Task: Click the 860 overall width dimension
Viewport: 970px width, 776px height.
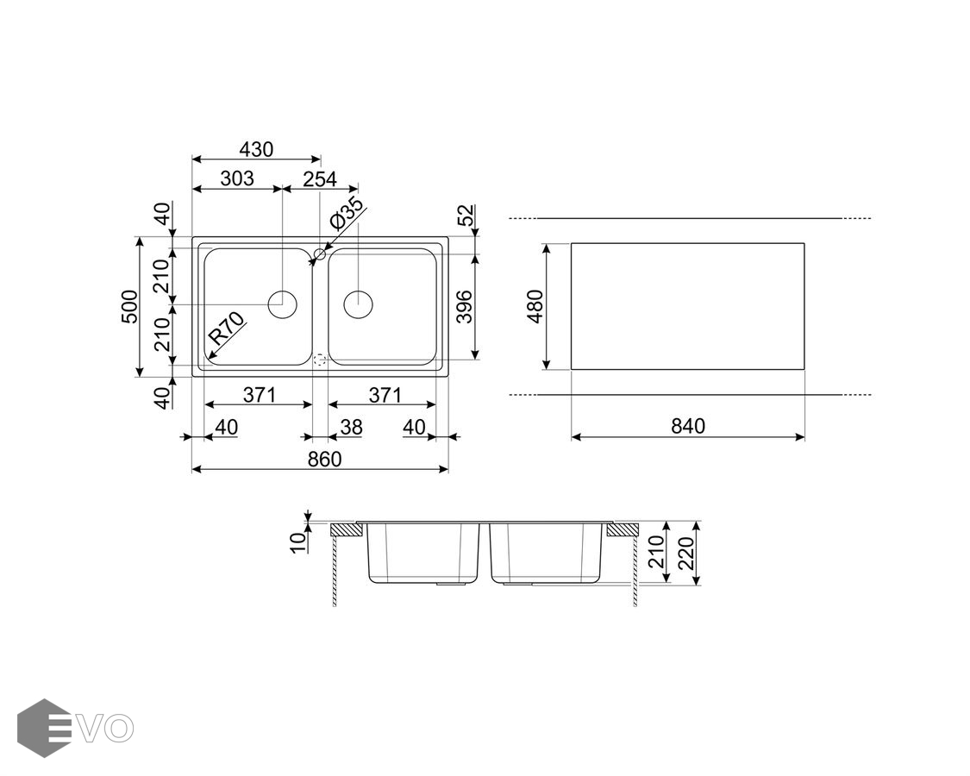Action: coord(324,460)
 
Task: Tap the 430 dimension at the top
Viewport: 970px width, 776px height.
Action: coord(255,149)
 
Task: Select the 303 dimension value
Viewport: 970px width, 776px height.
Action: coord(237,178)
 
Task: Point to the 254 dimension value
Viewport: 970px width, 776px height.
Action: coord(320,178)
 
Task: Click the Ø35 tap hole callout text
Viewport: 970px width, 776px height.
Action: coord(347,213)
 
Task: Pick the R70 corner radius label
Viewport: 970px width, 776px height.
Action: coord(227,329)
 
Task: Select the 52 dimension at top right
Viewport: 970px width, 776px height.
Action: coord(467,215)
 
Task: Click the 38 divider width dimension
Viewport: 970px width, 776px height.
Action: coord(351,427)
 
